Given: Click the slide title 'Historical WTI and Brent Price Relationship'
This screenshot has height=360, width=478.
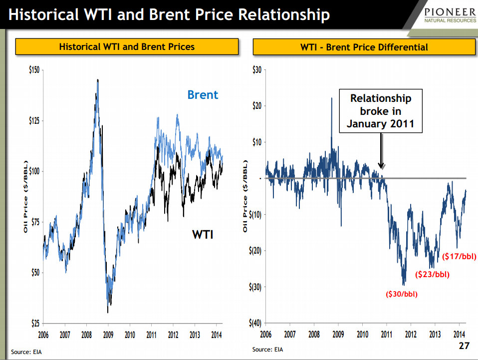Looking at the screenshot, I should point(169,14).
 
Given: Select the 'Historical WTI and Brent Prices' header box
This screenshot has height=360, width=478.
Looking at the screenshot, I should point(127,47).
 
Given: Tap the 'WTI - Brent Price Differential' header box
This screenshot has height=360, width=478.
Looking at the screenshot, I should point(364,47).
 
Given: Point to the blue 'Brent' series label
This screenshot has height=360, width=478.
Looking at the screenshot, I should point(203,94).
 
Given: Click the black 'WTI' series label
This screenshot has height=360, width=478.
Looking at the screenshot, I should point(203,234).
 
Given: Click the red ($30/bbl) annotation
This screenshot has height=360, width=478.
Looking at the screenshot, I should point(401,294).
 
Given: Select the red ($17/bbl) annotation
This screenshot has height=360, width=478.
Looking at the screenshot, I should point(460,257).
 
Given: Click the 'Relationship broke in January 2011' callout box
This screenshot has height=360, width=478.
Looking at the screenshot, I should point(380,111).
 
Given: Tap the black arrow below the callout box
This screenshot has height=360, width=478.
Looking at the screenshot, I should point(381,152).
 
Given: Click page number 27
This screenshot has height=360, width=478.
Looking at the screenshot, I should point(464,347).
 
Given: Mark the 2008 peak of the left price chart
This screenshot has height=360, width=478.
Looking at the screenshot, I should point(97,80).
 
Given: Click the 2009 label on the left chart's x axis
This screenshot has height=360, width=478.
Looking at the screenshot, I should point(108,334).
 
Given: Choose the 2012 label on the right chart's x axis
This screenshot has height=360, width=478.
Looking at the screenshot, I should point(411,334).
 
